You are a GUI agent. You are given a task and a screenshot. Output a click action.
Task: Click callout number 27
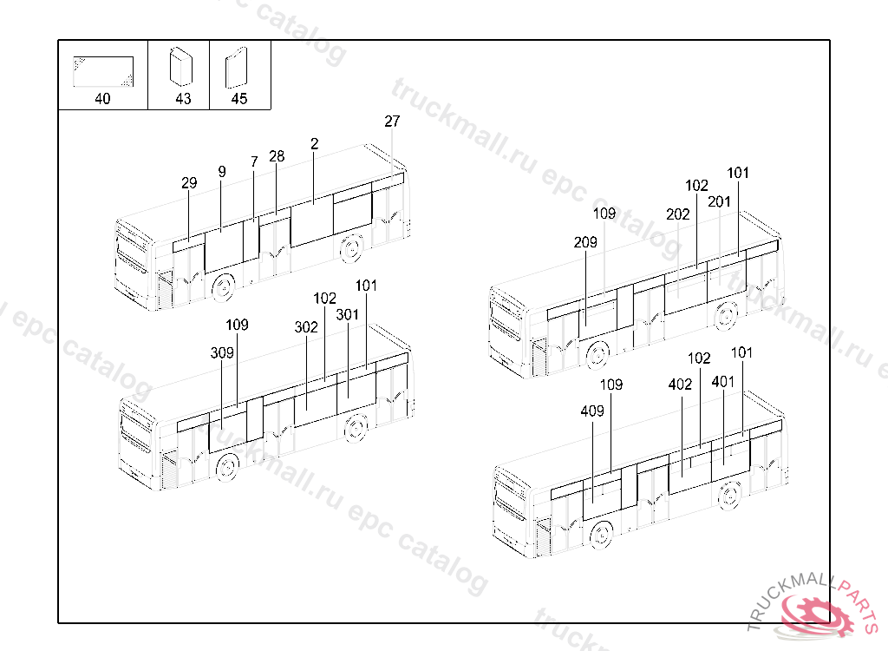click(x=392, y=122)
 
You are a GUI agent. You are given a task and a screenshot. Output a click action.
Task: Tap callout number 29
click(x=189, y=183)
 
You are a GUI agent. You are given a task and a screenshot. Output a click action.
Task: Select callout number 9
click(x=222, y=172)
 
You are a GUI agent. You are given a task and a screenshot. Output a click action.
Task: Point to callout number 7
click(x=254, y=162)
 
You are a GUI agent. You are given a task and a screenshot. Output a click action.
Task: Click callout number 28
click(x=277, y=157)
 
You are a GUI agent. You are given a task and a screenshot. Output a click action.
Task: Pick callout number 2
click(x=314, y=144)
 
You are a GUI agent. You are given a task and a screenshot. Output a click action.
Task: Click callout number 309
click(x=222, y=353)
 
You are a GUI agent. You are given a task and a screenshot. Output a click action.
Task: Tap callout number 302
click(x=306, y=327)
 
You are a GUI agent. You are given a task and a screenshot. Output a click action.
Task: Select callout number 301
click(x=348, y=314)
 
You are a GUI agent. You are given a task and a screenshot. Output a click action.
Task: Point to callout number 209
click(x=585, y=243)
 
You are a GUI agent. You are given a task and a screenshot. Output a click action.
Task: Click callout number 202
click(x=678, y=214)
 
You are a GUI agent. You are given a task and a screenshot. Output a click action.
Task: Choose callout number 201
click(x=719, y=201)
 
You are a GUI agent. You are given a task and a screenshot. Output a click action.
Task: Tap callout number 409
click(x=592, y=412)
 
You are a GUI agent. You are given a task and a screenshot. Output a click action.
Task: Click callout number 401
click(x=723, y=381)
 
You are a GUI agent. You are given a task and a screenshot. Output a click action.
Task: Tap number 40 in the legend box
click(x=102, y=99)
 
